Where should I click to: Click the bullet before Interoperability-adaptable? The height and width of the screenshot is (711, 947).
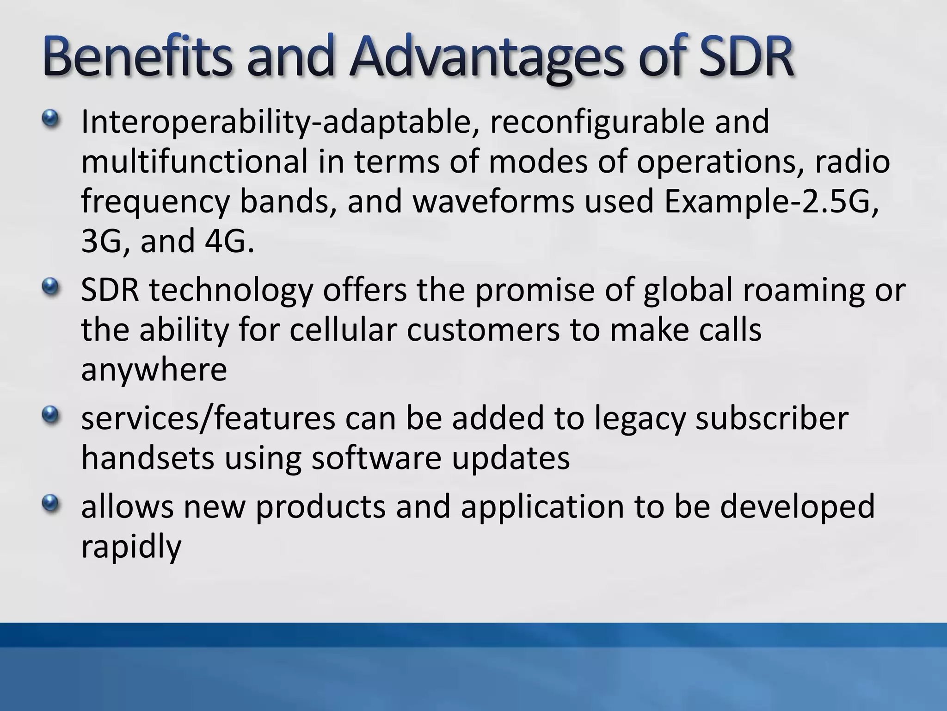[x=50, y=119]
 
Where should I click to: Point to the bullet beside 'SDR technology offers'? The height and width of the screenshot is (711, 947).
[x=50, y=288]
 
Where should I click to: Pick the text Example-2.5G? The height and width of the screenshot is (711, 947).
[x=770, y=202]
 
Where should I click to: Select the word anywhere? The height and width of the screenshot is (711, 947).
[x=154, y=370]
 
